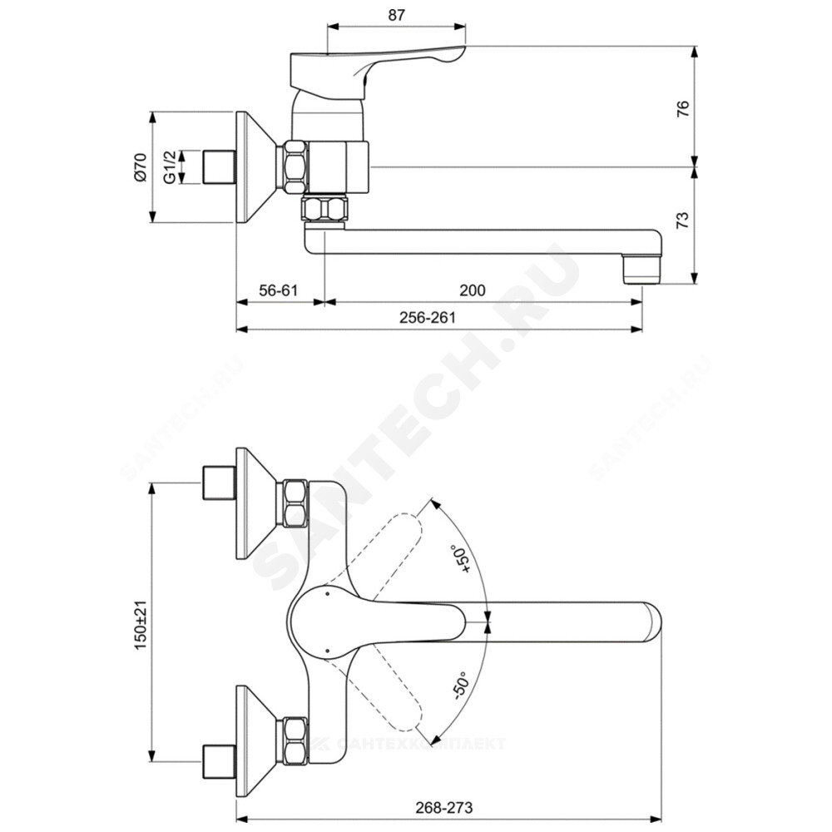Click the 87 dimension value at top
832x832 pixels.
click(396, 15)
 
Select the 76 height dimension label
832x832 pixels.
click(683, 108)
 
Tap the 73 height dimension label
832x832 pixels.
click(683, 219)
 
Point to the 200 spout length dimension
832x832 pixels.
click(473, 290)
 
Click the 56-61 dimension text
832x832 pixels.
click(279, 290)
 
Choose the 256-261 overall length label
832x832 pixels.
click(428, 317)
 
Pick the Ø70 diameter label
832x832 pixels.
click(140, 168)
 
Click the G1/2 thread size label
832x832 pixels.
click(169, 167)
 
